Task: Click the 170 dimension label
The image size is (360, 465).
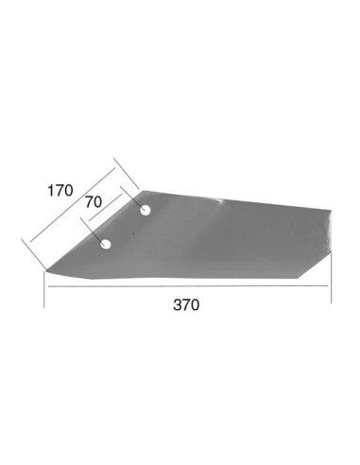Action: tap(59, 190)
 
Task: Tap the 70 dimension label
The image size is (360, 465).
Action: tap(94, 201)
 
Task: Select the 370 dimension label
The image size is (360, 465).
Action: tap(187, 305)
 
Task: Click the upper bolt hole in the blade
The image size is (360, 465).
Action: tap(146, 209)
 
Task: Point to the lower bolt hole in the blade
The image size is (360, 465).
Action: tap(107, 245)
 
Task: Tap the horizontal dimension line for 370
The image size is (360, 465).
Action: tap(187, 293)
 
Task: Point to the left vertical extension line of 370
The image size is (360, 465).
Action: tap(44, 288)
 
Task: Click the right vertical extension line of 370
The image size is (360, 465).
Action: tap(331, 279)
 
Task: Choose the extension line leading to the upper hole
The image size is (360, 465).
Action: tap(132, 196)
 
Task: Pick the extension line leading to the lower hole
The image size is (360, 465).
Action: tap(94, 232)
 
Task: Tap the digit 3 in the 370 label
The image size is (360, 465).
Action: tap(177, 305)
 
